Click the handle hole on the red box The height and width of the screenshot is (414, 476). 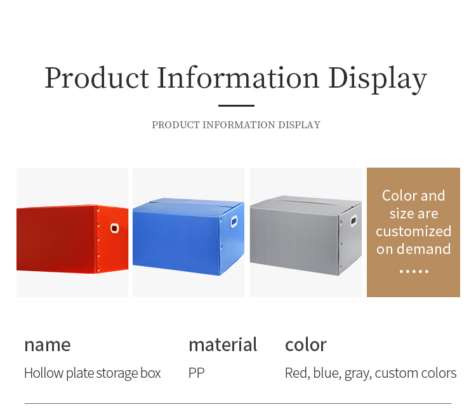tap(114, 228)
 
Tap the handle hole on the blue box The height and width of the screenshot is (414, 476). tap(234, 222)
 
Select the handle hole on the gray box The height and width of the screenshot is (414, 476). tap(354, 221)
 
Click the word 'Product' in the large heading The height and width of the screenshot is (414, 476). tap(97, 78)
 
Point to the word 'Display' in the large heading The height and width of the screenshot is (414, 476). tap(378, 79)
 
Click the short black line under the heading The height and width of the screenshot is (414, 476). tap(236, 105)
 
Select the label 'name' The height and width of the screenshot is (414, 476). tap(48, 345)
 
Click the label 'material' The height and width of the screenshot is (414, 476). tap(223, 344)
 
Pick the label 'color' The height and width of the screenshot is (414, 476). tap(306, 344)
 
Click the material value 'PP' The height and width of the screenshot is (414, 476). tap(196, 373)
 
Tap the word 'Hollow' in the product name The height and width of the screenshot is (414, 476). tap(44, 373)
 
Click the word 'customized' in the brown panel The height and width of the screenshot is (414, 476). tap(413, 232)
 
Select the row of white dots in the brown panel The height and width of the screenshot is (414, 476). tap(414, 271)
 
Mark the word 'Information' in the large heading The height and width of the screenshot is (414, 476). tap(238, 78)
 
